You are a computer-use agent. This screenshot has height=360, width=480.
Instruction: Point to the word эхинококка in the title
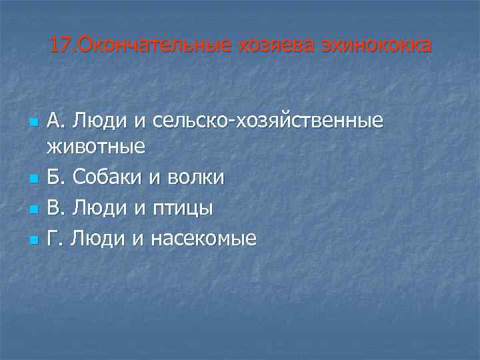pos(376,45)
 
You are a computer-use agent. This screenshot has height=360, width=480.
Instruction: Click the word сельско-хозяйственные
pos(267,121)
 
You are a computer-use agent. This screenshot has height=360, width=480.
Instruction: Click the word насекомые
pos(203,238)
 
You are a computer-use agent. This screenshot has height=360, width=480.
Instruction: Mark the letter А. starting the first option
pos(57,121)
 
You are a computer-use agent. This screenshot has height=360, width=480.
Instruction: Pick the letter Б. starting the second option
pos(57,177)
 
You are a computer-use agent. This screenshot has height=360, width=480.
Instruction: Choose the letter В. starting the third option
pos(57,207)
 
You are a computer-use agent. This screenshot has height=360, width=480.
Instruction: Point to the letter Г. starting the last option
pos(55,237)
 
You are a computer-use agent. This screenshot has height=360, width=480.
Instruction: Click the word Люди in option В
pos(101,207)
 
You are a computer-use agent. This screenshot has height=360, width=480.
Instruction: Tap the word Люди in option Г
pos(99,237)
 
